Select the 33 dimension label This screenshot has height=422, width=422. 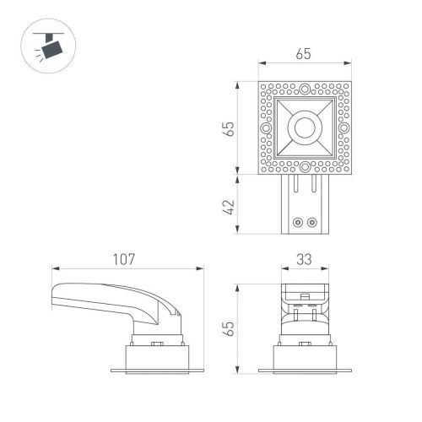tap(305, 260)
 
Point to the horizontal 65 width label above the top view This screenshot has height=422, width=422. tap(305, 54)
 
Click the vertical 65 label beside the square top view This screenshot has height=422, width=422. tap(228, 128)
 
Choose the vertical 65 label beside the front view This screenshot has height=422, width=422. tap(228, 327)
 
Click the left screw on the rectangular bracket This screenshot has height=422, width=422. tap(296, 223)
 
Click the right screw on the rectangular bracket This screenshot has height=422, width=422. tap(312, 223)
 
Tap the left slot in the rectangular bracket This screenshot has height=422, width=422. tap(295, 186)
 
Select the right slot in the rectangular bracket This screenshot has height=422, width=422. tap(314, 186)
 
